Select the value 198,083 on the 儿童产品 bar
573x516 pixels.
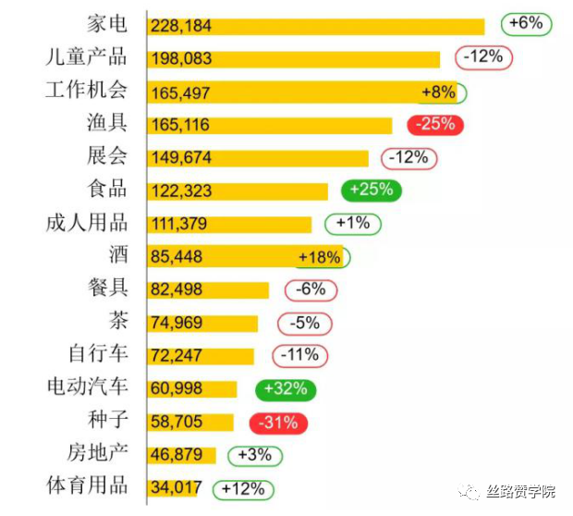(x=181, y=59)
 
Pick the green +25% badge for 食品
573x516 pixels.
(x=372, y=190)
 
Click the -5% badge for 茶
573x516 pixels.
(x=304, y=323)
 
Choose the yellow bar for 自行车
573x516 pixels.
(x=201, y=356)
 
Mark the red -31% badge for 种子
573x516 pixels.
(x=278, y=423)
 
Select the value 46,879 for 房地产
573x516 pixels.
(x=176, y=456)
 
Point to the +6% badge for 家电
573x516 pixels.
(x=526, y=23)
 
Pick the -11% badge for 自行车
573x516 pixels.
(x=299, y=355)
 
